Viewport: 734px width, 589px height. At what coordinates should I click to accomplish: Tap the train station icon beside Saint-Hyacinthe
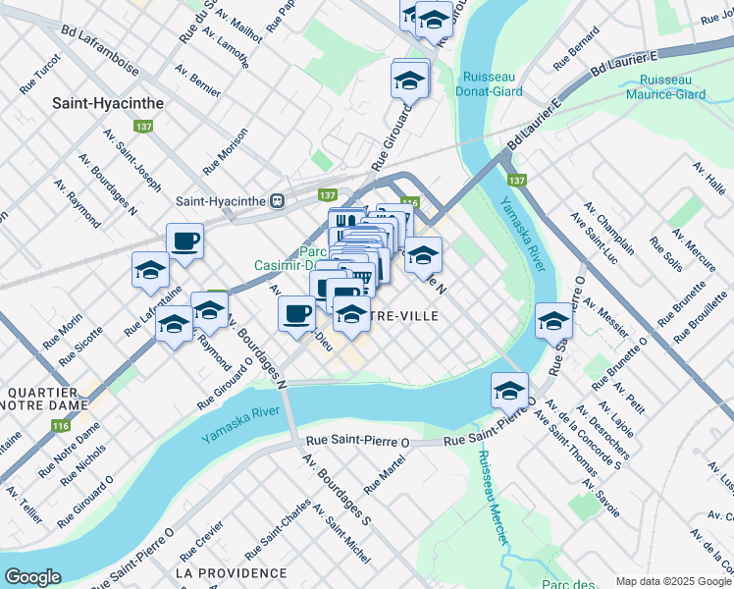[278, 200]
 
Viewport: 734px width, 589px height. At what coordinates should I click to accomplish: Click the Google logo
[32, 577]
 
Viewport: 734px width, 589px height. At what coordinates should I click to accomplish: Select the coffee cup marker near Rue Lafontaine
[184, 241]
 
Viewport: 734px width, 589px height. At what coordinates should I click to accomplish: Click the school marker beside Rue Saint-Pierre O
[509, 391]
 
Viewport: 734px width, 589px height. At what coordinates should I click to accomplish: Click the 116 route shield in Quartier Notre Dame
[61, 426]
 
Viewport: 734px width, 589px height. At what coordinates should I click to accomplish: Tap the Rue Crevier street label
[202, 539]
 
